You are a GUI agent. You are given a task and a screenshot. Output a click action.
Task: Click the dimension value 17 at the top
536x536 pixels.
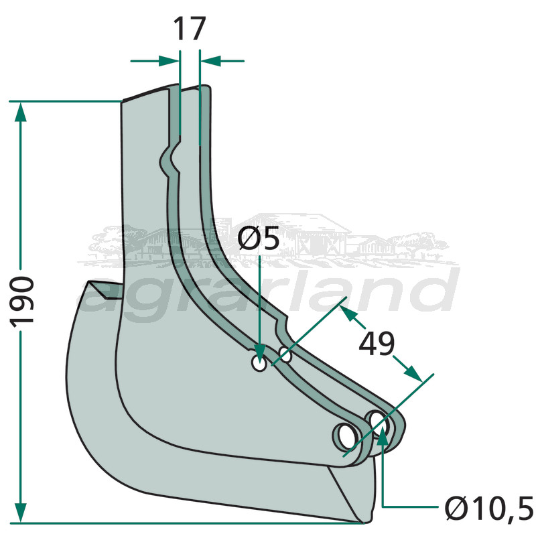pos(189,30)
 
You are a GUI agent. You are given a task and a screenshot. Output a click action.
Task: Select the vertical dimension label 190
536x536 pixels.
pos(23,299)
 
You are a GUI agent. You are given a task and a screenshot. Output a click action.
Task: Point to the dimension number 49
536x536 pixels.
pos(377,344)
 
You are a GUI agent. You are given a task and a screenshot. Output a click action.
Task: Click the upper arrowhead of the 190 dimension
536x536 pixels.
pos(21,111)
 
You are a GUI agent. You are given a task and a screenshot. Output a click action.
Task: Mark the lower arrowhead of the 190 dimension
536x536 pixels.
pos(21,512)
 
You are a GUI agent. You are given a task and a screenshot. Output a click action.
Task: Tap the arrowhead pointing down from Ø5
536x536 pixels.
pos(259,350)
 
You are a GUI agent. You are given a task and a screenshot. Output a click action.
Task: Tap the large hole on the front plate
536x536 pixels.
pos(346,435)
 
